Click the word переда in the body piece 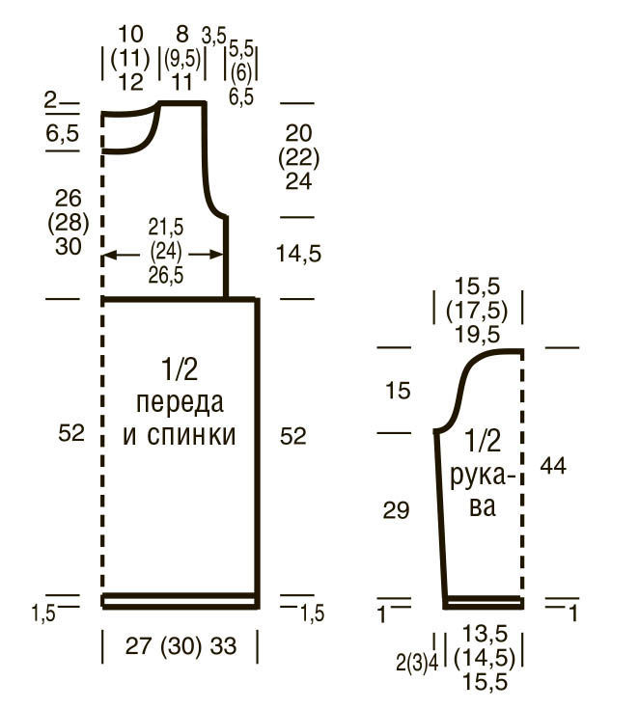pyautogui.click(x=180, y=403)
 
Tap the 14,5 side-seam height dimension pyautogui.click(x=298, y=254)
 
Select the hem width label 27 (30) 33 pyautogui.click(x=181, y=645)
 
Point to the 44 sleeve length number pyautogui.click(x=553, y=465)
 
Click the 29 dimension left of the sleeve pyautogui.click(x=396, y=510)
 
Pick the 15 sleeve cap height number pyautogui.click(x=398, y=391)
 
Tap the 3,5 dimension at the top pyautogui.click(x=213, y=37)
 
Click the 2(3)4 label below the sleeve pyautogui.click(x=417, y=664)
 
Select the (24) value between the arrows pyautogui.click(x=166, y=252)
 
